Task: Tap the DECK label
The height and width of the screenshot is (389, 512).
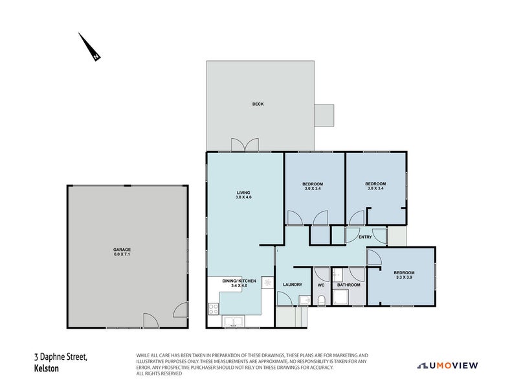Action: coord(258,104)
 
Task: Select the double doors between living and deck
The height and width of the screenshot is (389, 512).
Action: coord(244,145)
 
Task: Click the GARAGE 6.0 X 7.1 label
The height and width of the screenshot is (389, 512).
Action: coord(122,252)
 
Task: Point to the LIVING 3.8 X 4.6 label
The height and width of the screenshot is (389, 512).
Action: coord(243,194)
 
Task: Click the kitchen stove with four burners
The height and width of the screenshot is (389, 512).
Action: coord(213,308)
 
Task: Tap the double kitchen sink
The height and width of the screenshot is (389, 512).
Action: coord(233,321)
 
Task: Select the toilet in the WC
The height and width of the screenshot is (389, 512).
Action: coord(321,300)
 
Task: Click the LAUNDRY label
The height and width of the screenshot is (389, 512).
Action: coord(293,285)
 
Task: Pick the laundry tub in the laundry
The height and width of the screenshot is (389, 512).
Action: coord(304,300)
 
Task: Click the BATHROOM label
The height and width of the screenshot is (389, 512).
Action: coord(349,285)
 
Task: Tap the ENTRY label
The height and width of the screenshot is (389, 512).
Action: coord(365,237)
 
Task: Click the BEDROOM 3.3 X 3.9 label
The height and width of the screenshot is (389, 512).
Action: coord(405,275)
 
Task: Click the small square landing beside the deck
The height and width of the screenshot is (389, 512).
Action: coord(324,115)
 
